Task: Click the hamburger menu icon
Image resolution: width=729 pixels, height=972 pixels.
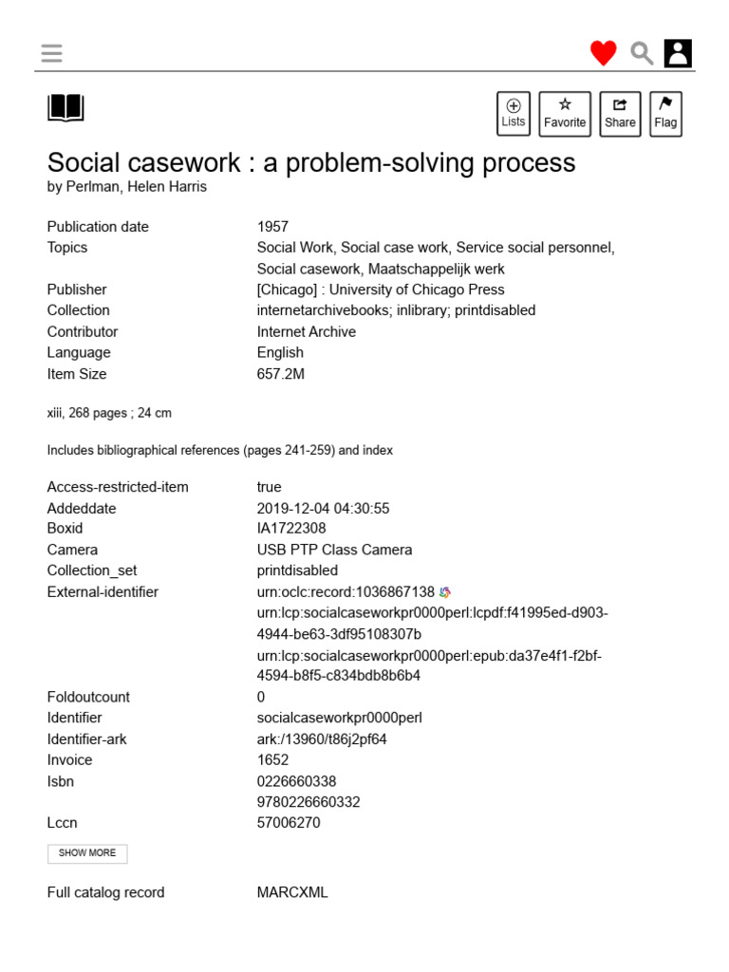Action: [x=52, y=53]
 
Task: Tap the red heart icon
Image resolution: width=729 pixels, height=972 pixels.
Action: [x=603, y=53]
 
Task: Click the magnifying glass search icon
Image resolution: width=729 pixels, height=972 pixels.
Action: [x=642, y=53]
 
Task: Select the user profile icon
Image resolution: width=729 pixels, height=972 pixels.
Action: [x=678, y=53]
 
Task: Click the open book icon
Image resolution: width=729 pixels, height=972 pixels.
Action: [x=65, y=108]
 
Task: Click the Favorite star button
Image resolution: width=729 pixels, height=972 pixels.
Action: [x=565, y=114]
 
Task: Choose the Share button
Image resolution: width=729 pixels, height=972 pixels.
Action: [x=620, y=114]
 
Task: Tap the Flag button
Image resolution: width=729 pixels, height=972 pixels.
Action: [x=665, y=114]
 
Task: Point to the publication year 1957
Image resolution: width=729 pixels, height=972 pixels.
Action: [x=272, y=227]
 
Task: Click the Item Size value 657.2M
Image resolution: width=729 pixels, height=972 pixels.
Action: [x=281, y=374]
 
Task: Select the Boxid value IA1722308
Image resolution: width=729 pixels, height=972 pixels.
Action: [x=291, y=529]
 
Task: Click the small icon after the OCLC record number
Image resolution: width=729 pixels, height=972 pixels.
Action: [x=445, y=592]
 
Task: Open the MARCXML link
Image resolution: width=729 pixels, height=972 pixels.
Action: [x=292, y=892]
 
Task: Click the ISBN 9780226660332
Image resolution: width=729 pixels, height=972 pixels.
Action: [x=308, y=802]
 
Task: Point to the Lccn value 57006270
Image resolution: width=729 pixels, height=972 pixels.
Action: [x=289, y=823]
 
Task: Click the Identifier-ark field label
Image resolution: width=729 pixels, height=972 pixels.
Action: [x=87, y=739]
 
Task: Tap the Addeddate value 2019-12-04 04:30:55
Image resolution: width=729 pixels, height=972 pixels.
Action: [x=324, y=509]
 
